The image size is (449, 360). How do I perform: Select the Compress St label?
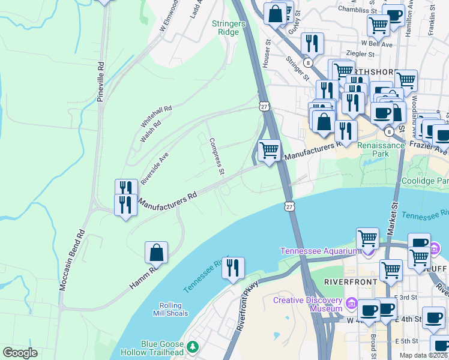(216, 157)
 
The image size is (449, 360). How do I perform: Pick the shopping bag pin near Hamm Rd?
(156, 253)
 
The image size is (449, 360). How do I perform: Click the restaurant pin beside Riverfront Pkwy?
(233, 267)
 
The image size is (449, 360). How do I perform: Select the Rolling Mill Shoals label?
(175, 309)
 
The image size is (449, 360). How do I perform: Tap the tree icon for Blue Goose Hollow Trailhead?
(193, 347)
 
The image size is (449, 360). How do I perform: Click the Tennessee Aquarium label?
(323, 250)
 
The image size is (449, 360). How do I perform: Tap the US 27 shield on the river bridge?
(290, 206)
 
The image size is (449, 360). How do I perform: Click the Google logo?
(20, 353)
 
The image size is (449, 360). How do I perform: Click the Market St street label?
(395, 214)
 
